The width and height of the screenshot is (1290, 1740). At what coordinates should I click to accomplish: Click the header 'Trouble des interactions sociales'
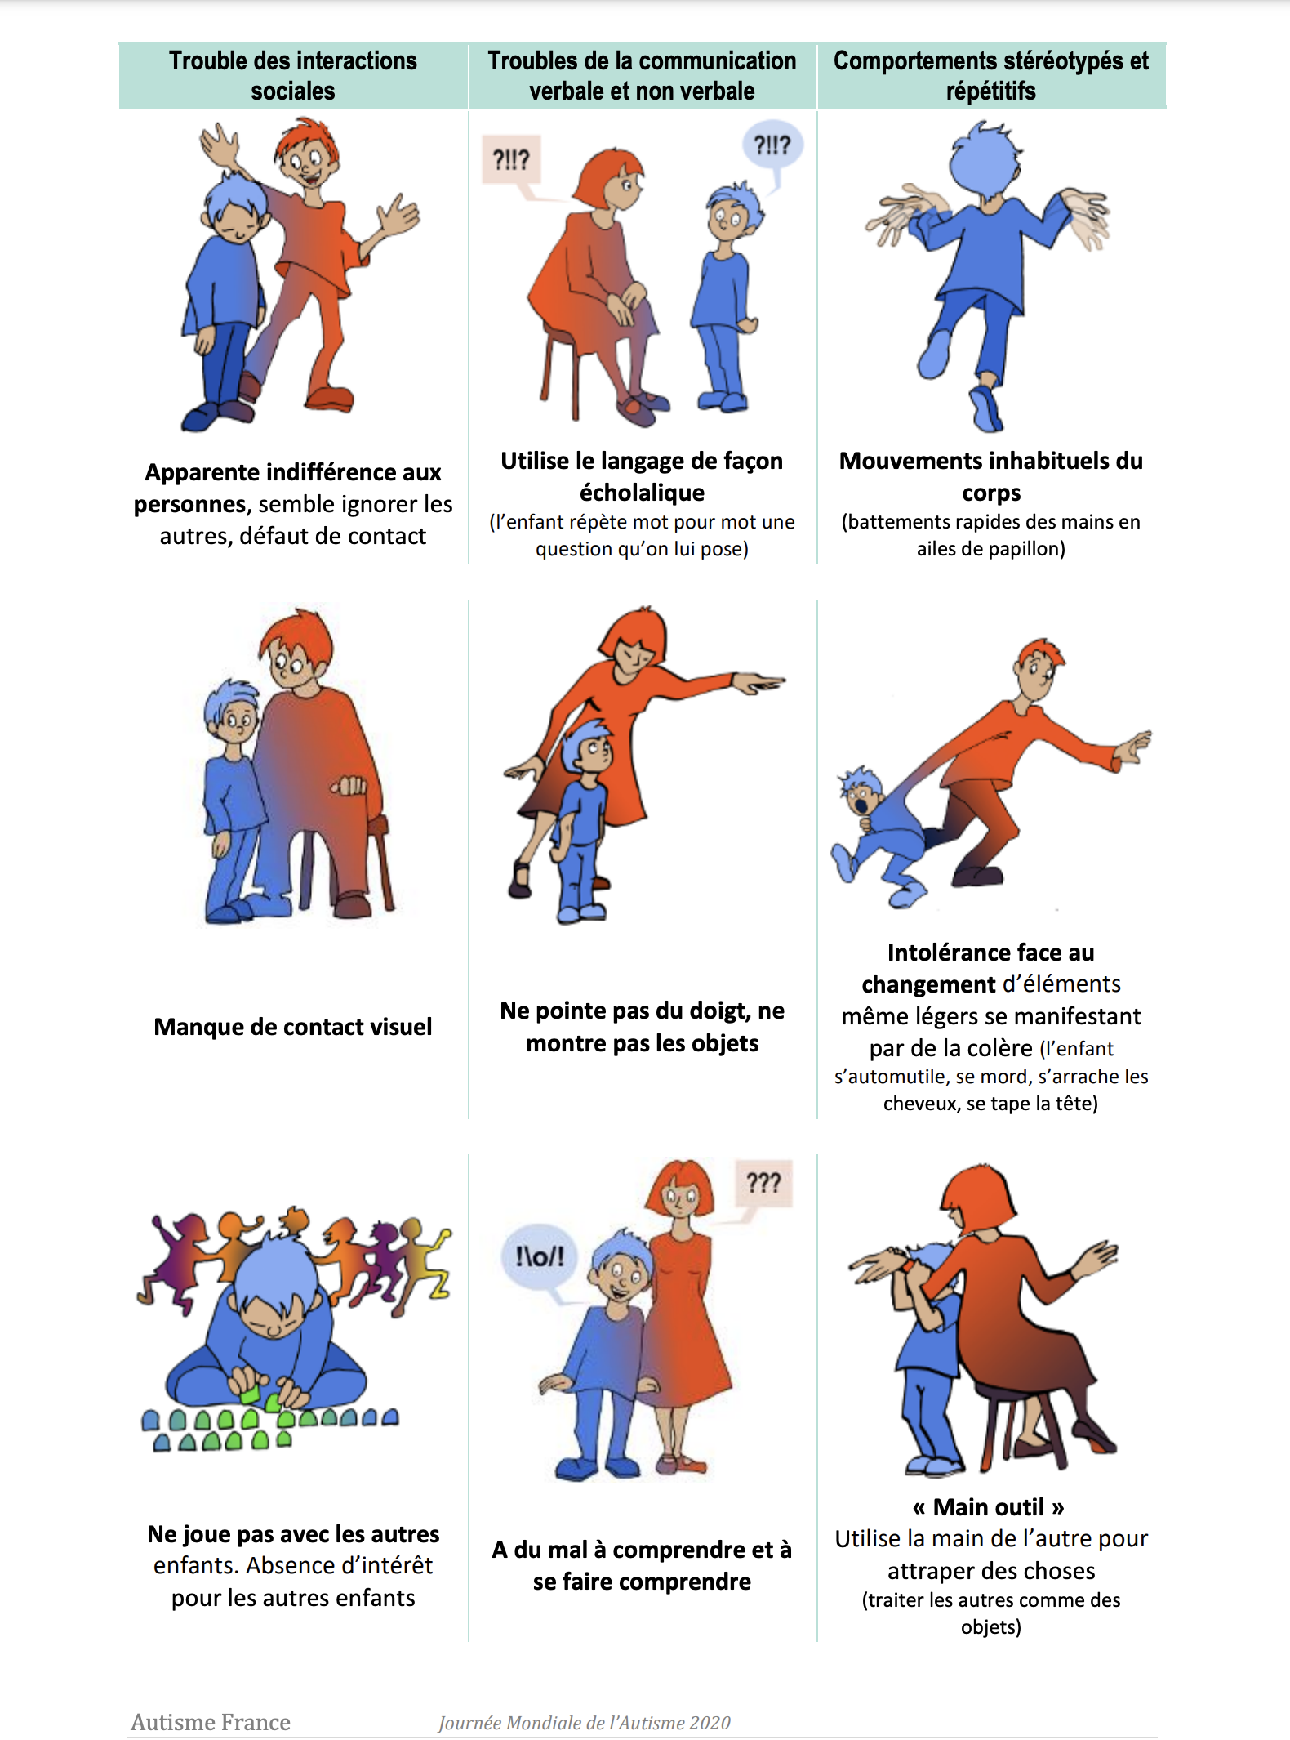[x=292, y=75]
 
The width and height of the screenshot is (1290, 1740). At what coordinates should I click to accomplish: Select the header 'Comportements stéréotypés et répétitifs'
[x=990, y=75]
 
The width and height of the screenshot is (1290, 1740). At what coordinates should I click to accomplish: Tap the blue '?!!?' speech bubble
[x=772, y=145]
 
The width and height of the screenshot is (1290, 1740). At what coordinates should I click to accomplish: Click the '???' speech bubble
[x=763, y=1182]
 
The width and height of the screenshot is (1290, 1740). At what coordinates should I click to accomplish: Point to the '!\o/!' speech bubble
[x=540, y=1256]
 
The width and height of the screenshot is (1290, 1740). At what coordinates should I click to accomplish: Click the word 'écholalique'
[x=642, y=493]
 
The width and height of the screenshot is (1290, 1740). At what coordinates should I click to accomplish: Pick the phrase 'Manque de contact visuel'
[x=292, y=1027]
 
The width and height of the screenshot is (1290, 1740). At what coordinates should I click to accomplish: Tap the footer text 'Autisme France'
[x=211, y=1722]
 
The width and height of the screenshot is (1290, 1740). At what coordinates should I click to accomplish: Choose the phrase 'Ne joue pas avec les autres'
[x=293, y=1534]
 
